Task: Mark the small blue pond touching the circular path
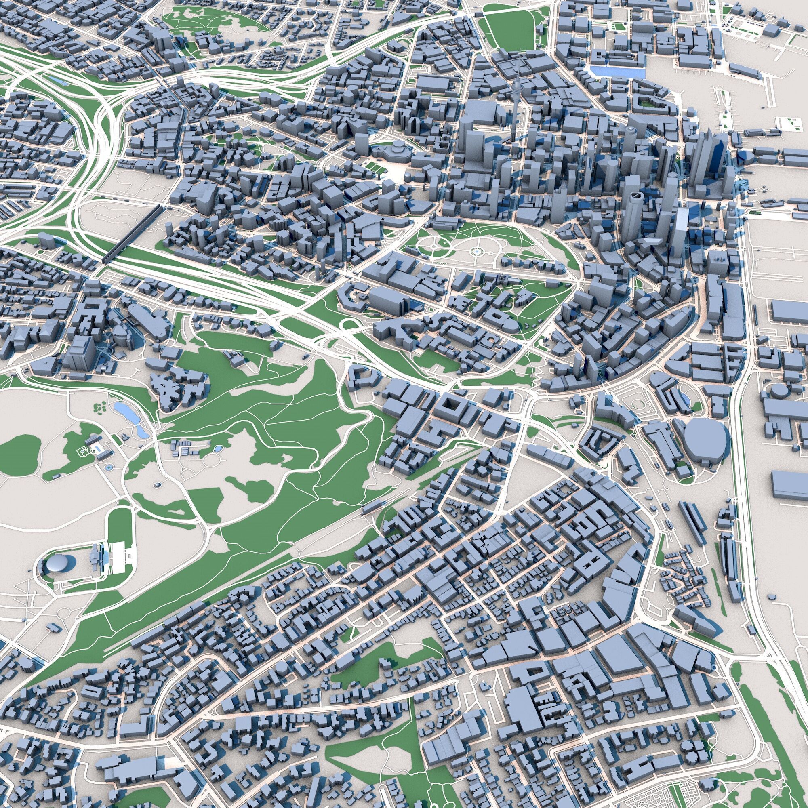[218, 450]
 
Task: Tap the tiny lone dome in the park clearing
[158, 485]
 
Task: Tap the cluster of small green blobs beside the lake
[100, 406]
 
